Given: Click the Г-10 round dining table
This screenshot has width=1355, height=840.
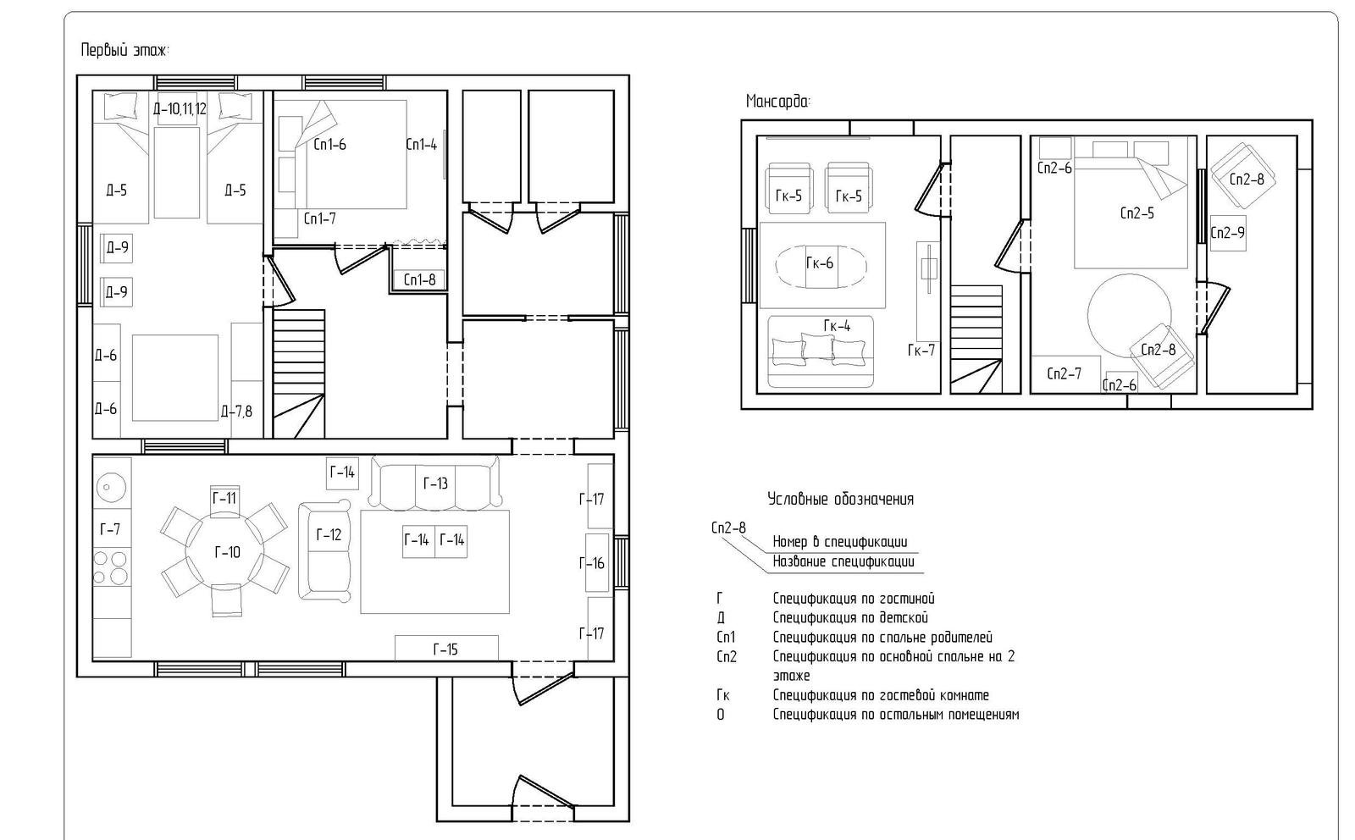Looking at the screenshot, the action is coord(224,552).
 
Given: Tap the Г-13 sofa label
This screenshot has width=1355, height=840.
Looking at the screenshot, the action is coord(435,484).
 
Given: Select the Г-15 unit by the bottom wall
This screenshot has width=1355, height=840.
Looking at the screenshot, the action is coord(446,649).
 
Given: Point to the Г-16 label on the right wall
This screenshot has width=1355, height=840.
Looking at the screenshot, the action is coord(592,564).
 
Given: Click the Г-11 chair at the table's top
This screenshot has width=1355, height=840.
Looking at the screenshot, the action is coord(224,501).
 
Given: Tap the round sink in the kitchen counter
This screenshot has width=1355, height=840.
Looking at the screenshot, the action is coord(111,487).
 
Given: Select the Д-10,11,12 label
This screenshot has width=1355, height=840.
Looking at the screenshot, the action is coord(180,109).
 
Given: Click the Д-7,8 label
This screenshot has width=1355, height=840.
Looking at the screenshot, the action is coord(236,412).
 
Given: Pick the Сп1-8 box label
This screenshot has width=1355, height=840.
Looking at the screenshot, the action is coord(420,280).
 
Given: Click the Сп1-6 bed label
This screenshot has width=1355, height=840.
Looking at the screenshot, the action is coord(329,145).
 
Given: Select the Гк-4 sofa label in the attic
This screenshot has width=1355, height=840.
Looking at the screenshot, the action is coord(838,326).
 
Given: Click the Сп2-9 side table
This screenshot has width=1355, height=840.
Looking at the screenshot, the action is coord(1228,233).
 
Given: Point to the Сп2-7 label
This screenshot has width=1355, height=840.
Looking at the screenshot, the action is coord(1065,374).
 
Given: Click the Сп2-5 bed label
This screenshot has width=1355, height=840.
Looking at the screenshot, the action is coord(1137,213).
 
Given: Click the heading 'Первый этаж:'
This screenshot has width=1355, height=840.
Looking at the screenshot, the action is coord(125,50).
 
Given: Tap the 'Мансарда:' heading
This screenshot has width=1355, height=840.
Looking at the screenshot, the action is coord(778,101).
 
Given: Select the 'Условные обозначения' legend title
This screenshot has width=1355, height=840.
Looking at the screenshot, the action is coord(841,500).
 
